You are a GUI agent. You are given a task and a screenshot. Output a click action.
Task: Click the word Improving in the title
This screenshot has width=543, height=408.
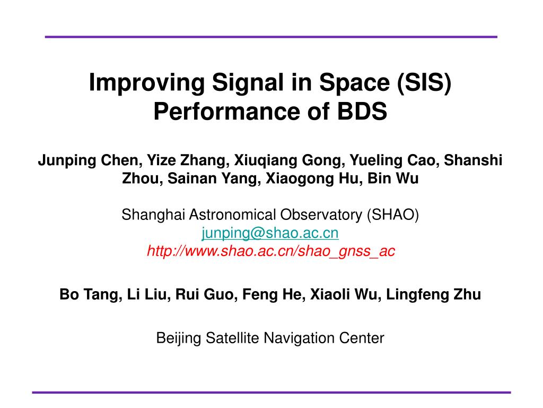(147, 83)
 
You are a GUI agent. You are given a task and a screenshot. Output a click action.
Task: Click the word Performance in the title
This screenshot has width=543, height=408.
(227, 112)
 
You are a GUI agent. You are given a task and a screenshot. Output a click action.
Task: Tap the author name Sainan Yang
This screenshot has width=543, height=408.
(214, 178)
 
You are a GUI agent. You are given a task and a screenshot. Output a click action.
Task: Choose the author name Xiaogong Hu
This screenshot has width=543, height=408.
(314, 178)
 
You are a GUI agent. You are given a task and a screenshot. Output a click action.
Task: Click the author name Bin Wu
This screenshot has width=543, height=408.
(393, 178)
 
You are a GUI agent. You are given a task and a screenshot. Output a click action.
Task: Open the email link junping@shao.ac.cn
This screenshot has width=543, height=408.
(270, 233)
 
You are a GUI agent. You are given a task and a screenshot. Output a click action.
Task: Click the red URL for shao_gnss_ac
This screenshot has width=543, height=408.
(271, 251)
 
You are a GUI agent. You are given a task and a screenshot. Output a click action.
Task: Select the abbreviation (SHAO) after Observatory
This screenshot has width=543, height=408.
(393, 215)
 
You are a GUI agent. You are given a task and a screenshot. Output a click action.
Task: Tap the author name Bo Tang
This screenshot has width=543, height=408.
(91, 294)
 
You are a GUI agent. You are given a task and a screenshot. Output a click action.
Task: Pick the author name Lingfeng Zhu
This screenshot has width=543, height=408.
(434, 294)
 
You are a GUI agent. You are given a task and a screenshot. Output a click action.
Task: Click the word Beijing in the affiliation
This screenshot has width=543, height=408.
(179, 338)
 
